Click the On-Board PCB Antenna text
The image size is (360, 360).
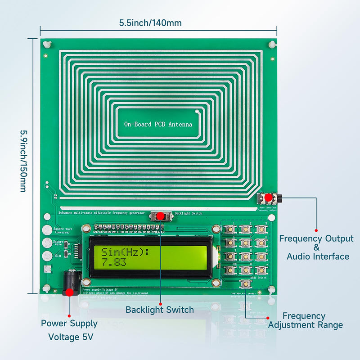click(158, 124)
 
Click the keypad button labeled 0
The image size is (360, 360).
click(245, 270)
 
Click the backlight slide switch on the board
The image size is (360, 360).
click(161, 217)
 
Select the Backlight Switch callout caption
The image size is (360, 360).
click(159, 310)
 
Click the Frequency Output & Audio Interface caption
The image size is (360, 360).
click(316, 247)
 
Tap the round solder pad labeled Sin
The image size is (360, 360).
click(46, 256)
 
